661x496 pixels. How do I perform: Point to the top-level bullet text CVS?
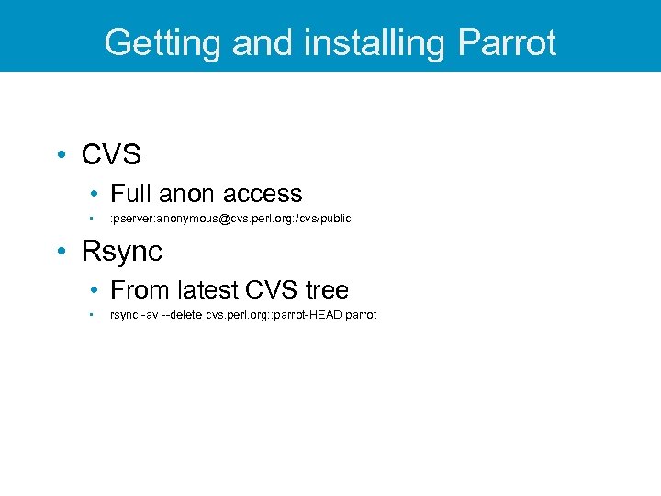pyautogui.click(x=111, y=155)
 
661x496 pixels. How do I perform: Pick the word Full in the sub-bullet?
pyautogui.click(x=130, y=194)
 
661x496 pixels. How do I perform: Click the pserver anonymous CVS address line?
pyautogui.click(x=230, y=219)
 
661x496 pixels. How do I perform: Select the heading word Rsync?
pyautogui.click(x=122, y=251)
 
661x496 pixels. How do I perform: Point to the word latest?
pyautogui.click(x=205, y=290)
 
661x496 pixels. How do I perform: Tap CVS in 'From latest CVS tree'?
pyautogui.click(x=272, y=290)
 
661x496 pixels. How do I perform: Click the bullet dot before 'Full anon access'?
pyautogui.click(x=95, y=194)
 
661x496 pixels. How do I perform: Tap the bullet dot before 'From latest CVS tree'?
pyautogui.click(x=95, y=290)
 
